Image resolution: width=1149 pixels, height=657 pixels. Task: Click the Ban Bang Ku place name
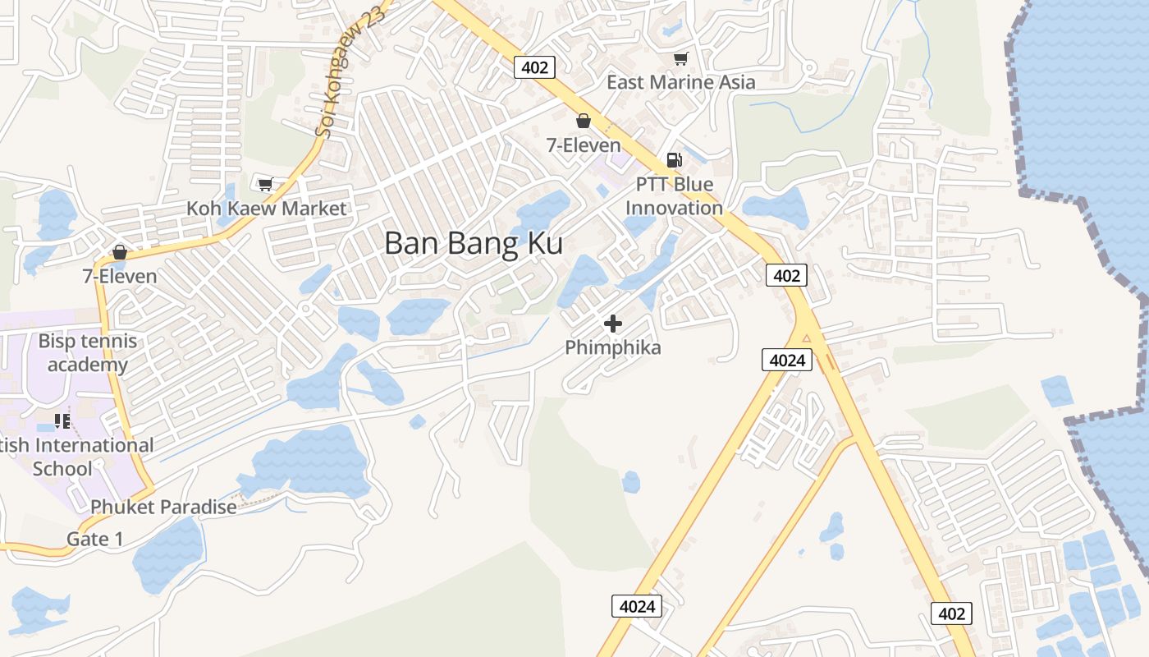pyautogui.click(x=474, y=244)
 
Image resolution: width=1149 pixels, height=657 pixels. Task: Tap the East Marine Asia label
pyautogui.click(x=680, y=82)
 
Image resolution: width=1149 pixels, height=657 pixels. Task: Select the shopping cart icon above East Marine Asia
pyautogui.click(x=680, y=58)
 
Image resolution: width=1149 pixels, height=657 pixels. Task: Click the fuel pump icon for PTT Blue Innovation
pyautogui.click(x=674, y=160)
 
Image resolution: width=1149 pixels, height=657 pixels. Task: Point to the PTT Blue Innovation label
pyautogui.click(x=674, y=196)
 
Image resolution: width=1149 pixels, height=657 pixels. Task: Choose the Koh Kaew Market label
pyautogui.click(x=267, y=209)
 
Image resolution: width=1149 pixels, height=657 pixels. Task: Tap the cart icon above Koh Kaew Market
pyautogui.click(x=265, y=184)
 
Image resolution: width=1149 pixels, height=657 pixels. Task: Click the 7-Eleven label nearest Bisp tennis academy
pyautogui.click(x=120, y=277)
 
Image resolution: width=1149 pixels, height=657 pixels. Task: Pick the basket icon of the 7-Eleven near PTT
pyautogui.click(x=584, y=122)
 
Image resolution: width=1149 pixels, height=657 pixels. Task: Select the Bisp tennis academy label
pyautogui.click(x=88, y=353)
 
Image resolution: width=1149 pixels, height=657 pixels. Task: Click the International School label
pyautogui.click(x=78, y=457)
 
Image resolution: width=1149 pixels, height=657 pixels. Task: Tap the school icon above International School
pyautogui.click(x=62, y=421)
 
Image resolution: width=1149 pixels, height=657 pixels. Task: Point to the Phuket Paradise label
pyautogui.click(x=163, y=507)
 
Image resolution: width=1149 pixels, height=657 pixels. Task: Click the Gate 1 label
pyautogui.click(x=95, y=540)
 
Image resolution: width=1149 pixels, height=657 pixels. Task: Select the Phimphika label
pyautogui.click(x=613, y=348)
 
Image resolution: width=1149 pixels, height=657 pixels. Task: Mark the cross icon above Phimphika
pyautogui.click(x=613, y=324)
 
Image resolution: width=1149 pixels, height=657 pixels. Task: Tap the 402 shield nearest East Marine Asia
pyautogui.click(x=534, y=67)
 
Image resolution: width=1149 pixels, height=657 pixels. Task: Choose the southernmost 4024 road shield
pyautogui.click(x=637, y=607)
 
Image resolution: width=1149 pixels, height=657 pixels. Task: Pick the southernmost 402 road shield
pyautogui.click(x=951, y=613)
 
